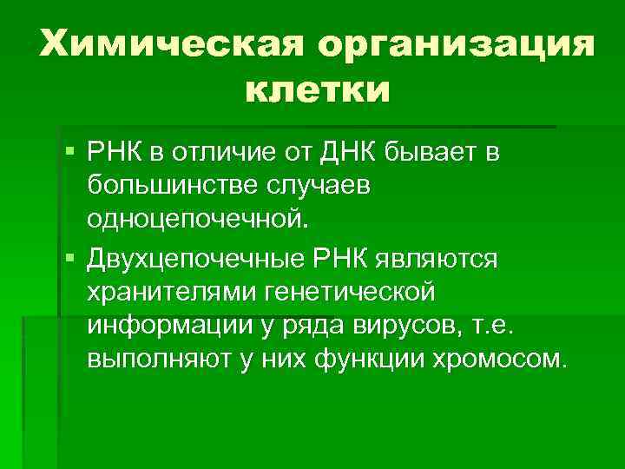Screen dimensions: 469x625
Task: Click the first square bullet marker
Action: click(70, 153)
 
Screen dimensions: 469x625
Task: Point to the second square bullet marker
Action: click(70, 257)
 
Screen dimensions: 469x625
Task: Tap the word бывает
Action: click(422, 153)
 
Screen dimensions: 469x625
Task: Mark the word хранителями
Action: click(168, 292)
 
